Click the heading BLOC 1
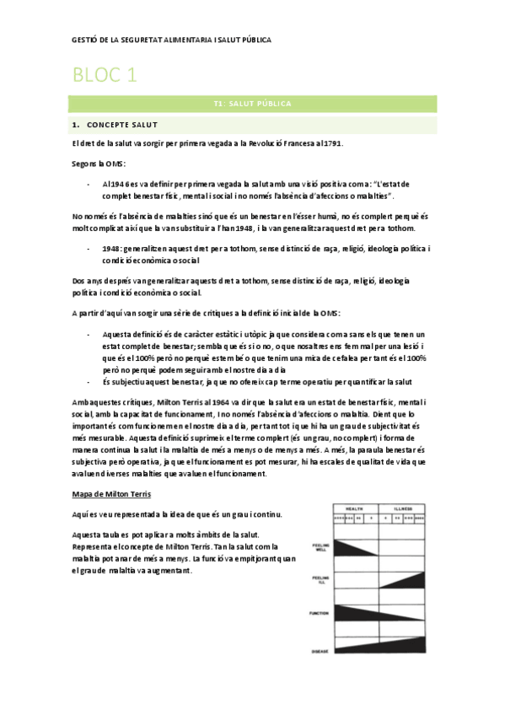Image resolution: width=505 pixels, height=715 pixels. pos(105,77)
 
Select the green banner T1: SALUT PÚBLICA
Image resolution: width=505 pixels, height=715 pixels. pos(252,104)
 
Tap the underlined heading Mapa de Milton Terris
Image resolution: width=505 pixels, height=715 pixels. pos(113,494)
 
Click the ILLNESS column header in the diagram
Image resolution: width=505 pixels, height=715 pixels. pos(400,508)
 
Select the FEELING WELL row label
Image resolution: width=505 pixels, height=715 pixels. pos(320,547)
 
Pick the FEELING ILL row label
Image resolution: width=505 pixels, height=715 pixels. pos(320,580)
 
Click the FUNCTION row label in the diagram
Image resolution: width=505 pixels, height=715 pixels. pos(320,613)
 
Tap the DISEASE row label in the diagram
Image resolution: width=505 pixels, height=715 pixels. pos(320,650)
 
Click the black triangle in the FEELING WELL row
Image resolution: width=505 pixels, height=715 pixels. pos(350,546)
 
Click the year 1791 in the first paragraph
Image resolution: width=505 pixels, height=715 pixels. pos(308,143)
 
